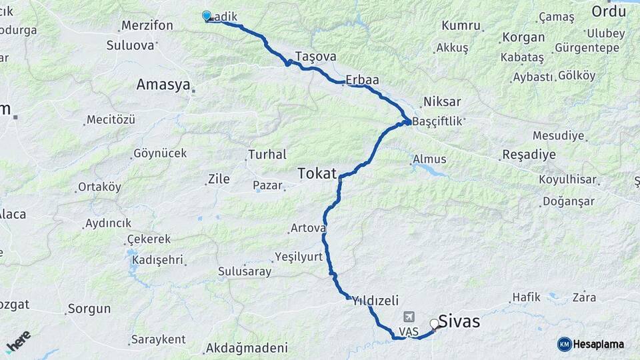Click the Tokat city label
pyautogui.click(x=317, y=173)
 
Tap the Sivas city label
pyautogui.click(x=459, y=321)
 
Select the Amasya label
pyautogui.click(x=163, y=85)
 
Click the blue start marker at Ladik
pyautogui.click(x=207, y=16)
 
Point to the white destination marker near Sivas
pyautogui.click(x=435, y=324)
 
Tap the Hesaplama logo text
pyautogui.click(x=598, y=344)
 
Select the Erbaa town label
pyautogui.click(x=362, y=80)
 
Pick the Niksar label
pyautogui.click(x=441, y=102)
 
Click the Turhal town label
pyautogui.click(x=267, y=155)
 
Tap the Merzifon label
pyautogui.click(x=147, y=26)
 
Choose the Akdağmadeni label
pyautogui.click(x=247, y=348)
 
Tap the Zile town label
pyautogui.click(x=219, y=179)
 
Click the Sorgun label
pyautogui.click(x=89, y=309)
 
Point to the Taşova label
pyautogui.click(x=315, y=57)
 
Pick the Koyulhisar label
pyautogui.click(x=567, y=179)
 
